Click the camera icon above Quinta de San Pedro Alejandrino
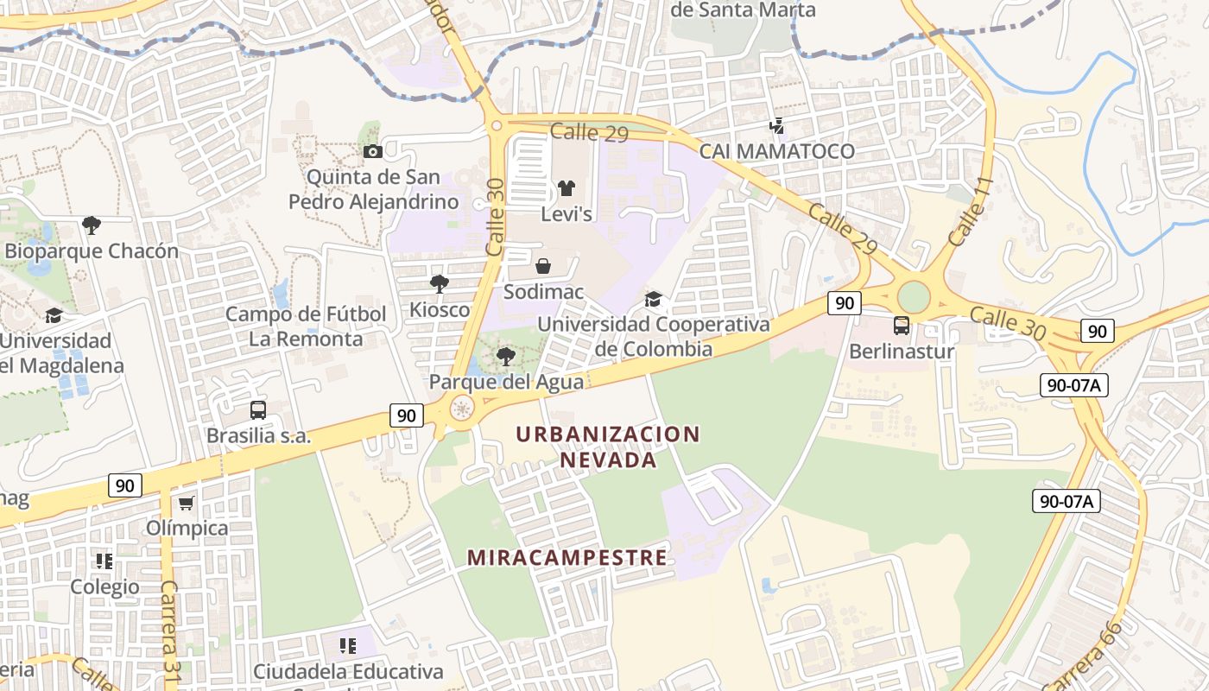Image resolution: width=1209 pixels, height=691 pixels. [x=372, y=152]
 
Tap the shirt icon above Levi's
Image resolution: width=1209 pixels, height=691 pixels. [x=566, y=187]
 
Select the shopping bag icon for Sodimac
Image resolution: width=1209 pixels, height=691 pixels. [x=543, y=266]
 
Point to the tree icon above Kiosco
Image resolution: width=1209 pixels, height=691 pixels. [x=440, y=283]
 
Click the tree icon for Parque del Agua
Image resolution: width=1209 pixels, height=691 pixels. [x=506, y=356]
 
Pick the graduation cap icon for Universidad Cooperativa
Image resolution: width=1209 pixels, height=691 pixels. [x=654, y=299]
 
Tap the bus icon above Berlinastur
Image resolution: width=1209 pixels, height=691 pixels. [x=901, y=326]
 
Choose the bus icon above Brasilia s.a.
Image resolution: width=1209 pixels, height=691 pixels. [x=257, y=410]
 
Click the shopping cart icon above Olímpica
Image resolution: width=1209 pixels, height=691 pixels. [x=186, y=503]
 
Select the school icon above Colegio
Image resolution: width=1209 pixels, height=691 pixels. [x=104, y=561]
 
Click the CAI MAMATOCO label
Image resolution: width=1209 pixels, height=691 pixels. [x=776, y=151]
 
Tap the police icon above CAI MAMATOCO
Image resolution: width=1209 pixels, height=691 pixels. [x=776, y=126]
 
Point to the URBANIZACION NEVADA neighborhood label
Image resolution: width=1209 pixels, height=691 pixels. [x=608, y=447]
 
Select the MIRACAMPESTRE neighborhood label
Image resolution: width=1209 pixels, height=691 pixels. [x=567, y=557]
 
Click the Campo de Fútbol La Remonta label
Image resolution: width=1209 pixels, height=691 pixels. [x=306, y=326]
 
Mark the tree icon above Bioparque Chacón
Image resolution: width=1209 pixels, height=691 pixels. [x=91, y=225]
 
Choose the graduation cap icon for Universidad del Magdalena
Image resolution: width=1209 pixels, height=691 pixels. [x=54, y=315]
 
